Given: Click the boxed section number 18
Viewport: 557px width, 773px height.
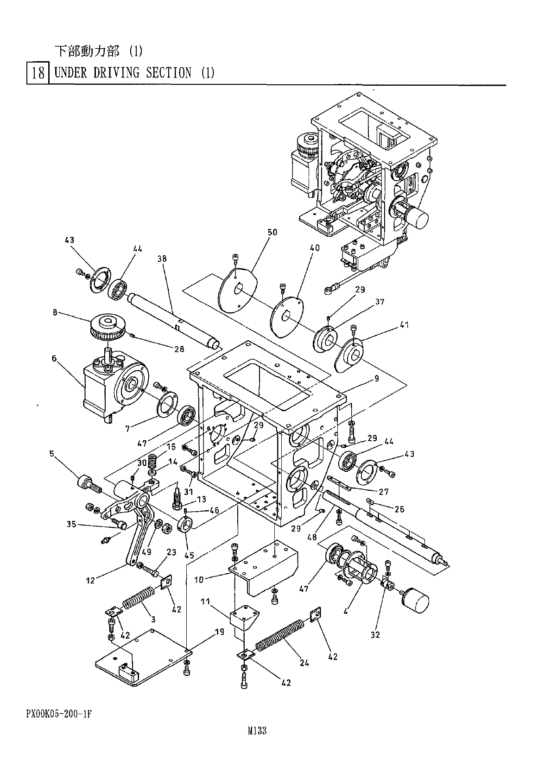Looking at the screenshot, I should point(38,73).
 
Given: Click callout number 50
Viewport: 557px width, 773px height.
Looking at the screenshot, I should point(272,232).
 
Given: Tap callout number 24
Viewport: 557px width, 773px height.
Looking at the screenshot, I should point(304,662).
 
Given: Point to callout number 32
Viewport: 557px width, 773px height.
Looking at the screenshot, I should point(375,634).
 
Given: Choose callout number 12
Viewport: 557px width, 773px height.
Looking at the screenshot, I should point(90,580).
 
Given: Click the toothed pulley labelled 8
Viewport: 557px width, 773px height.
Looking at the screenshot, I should point(108,327).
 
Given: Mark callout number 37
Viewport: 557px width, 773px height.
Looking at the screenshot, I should point(380,302).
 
